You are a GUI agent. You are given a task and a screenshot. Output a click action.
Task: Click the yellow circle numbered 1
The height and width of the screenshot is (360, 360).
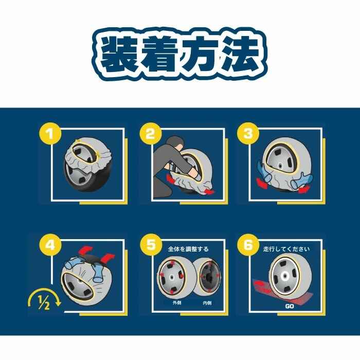(x=50, y=133)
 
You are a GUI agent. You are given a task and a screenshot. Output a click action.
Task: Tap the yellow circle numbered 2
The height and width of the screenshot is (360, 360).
(x=151, y=133)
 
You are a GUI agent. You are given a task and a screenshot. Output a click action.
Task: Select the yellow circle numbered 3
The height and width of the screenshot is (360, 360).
(x=248, y=133)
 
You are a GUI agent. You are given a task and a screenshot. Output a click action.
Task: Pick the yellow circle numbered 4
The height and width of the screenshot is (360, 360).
(x=50, y=245)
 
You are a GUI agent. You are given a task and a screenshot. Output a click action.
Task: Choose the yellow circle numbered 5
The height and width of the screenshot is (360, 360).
(x=151, y=245)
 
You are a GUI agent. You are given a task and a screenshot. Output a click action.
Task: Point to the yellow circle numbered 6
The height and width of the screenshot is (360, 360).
(x=248, y=245)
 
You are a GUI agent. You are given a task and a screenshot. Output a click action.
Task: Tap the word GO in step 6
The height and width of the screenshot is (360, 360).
(x=289, y=307)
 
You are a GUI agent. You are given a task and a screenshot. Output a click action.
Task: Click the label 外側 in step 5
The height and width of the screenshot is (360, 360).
(x=177, y=303)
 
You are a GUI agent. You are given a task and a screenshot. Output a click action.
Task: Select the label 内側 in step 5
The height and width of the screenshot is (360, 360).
(x=207, y=303)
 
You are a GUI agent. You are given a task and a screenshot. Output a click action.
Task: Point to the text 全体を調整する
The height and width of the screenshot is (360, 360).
(x=188, y=249)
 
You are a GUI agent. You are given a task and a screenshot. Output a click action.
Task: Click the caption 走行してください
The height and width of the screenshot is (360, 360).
(x=286, y=249)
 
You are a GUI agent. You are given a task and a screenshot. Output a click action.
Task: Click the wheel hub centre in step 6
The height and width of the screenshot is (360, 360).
(x=285, y=277)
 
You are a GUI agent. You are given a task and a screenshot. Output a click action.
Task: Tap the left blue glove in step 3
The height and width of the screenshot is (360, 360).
(x=264, y=172)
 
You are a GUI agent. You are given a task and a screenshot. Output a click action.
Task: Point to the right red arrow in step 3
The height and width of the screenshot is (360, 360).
(x=304, y=189)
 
